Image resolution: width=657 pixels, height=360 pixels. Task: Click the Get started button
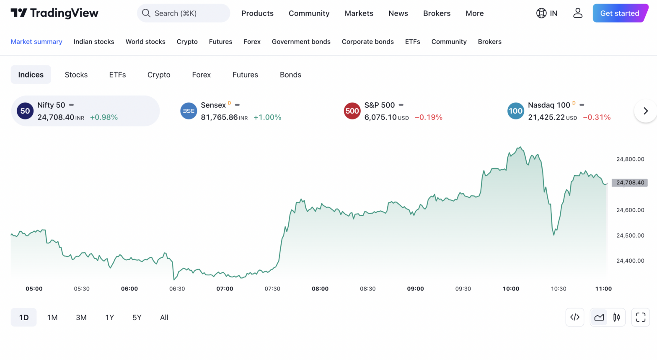(619, 13)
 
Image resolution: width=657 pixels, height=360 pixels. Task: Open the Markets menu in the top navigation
(359, 13)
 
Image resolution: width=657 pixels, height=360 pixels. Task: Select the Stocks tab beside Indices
(76, 75)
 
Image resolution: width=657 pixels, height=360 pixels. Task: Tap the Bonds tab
(290, 75)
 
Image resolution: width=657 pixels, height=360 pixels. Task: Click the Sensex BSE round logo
(189, 111)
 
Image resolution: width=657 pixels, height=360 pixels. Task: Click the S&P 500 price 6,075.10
(380, 117)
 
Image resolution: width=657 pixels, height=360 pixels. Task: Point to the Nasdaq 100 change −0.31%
(597, 117)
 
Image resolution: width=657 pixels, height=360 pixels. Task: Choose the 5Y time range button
(137, 318)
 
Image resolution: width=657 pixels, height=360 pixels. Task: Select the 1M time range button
(52, 318)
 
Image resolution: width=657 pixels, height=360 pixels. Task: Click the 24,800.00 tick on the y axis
(630, 159)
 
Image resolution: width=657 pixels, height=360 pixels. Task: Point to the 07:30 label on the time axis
(272, 289)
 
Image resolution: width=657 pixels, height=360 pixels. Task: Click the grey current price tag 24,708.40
(630, 183)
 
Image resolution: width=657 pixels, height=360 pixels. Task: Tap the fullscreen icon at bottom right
(640, 317)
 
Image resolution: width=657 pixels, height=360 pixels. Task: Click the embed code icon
(575, 317)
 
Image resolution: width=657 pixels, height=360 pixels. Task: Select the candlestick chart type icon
(616, 317)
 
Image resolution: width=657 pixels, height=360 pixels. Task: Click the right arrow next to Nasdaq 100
(645, 111)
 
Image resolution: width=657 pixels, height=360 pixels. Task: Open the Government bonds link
(301, 41)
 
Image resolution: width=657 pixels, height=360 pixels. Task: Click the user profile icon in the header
(578, 13)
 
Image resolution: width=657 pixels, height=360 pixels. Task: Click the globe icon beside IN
(541, 13)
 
